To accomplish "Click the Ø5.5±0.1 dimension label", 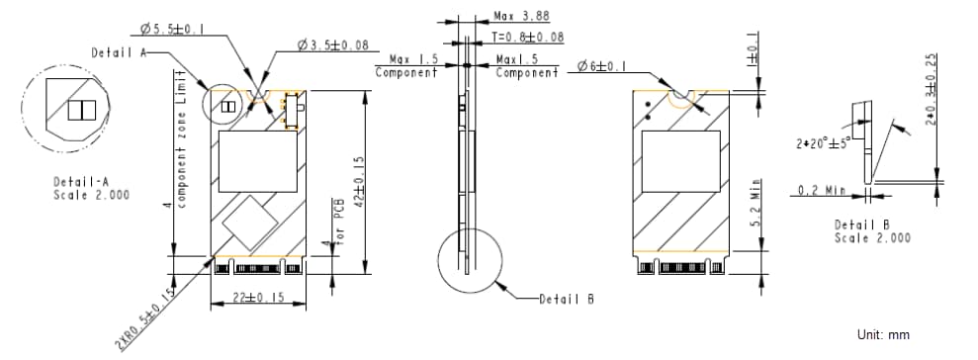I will (172, 30).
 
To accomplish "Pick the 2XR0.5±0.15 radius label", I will (145, 316).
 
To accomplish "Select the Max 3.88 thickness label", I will (520, 17).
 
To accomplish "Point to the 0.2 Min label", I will (820, 190).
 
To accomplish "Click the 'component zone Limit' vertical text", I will (181, 137).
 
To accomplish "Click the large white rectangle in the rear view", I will (680, 161).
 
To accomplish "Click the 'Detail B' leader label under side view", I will (566, 299).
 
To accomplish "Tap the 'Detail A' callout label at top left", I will (119, 51).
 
